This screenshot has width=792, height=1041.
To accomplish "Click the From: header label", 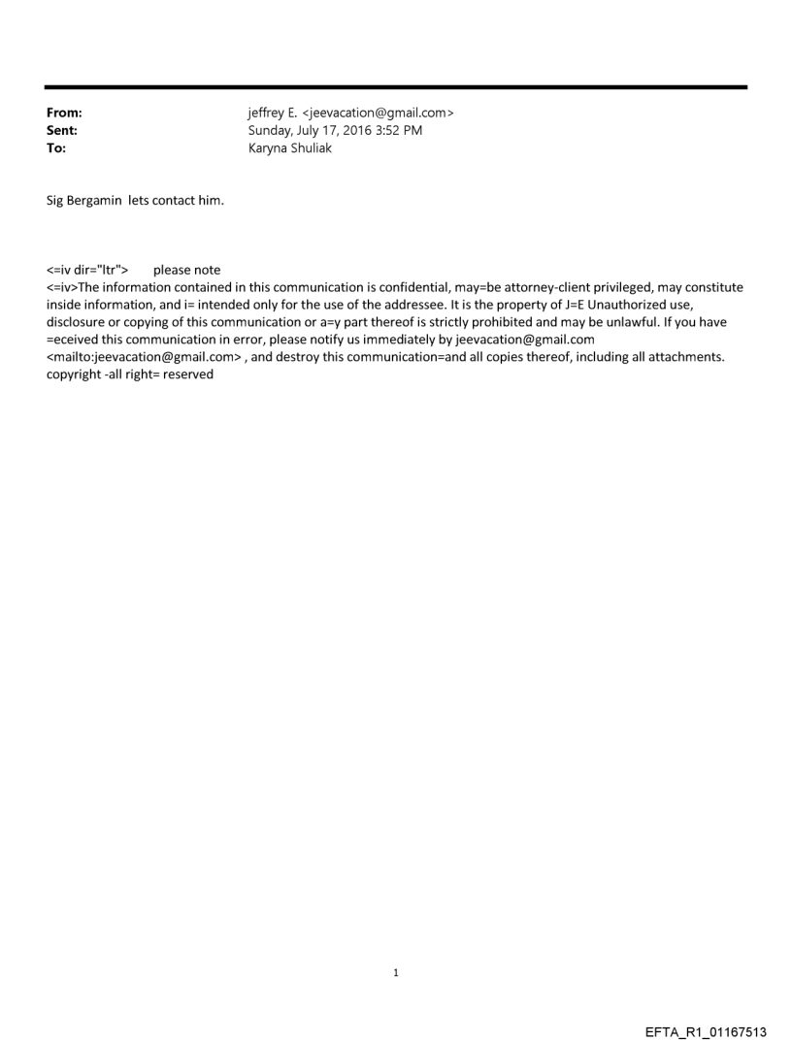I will click(x=64, y=113).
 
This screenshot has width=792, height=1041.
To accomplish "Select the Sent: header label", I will click(x=62, y=130).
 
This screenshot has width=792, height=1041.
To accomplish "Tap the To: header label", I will click(x=56, y=148).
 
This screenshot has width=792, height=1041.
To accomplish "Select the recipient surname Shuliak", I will click(x=309, y=148).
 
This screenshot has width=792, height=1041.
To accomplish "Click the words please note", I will click(x=186, y=270).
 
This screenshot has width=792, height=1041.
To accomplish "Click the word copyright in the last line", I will click(x=75, y=374).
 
